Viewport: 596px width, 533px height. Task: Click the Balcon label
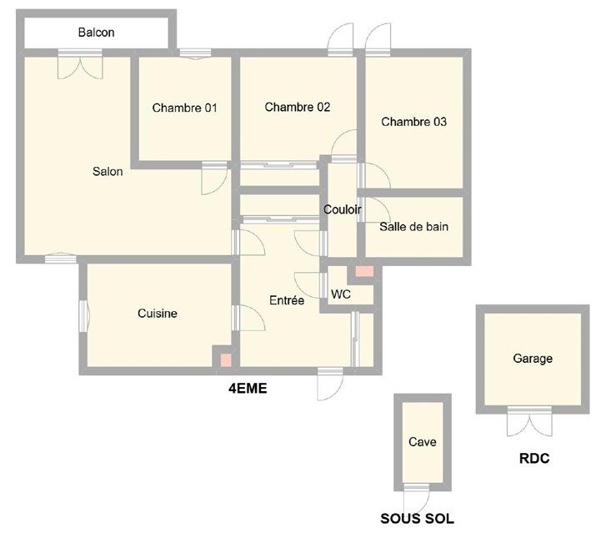(96, 33)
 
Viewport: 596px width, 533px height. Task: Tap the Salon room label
(108, 172)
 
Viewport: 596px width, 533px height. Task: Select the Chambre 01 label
(184, 108)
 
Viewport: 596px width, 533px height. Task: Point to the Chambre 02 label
(298, 107)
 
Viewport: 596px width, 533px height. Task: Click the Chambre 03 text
(413, 122)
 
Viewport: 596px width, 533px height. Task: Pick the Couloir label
(342, 210)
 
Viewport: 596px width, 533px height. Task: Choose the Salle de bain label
(414, 226)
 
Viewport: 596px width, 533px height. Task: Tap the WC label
(340, 294)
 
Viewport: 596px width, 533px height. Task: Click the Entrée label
(286, 300)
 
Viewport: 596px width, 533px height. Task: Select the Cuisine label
(157, 314)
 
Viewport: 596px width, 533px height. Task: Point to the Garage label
(533, 359)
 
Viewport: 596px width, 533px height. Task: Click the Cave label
(423, 442)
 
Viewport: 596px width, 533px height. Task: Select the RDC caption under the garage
(534, 460)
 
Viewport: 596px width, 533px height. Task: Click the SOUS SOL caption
(418, 518)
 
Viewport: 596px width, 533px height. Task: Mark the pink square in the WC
(363, 272)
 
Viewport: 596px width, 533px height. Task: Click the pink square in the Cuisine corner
(224, 360)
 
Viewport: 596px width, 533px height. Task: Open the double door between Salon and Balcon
(79, 64)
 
